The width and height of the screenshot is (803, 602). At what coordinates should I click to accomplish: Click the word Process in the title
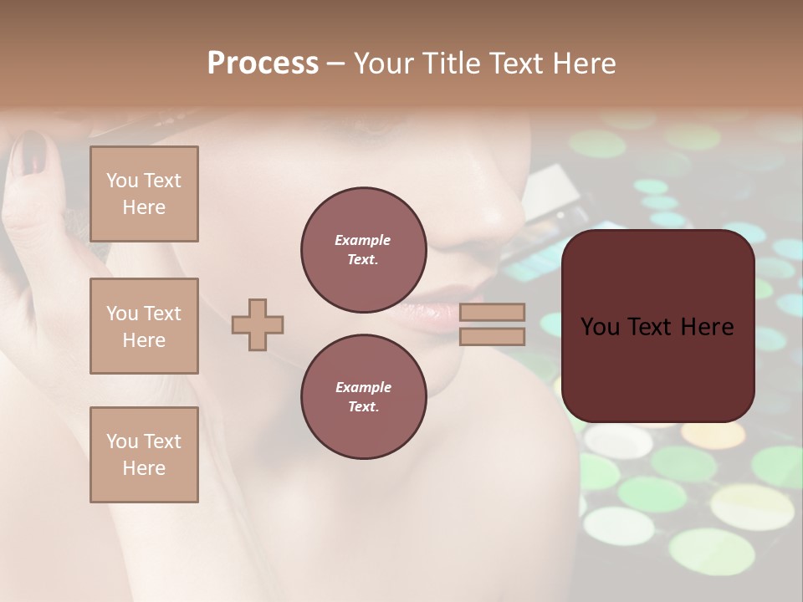(263, 64)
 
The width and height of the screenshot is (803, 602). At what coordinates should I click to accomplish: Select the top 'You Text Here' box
(144, 194)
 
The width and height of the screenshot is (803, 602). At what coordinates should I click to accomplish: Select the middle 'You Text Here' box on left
(144, 326)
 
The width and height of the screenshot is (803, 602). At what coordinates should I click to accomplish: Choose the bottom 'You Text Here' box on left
(144, 455)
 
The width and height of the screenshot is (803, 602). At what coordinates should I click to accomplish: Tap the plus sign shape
(258, 324)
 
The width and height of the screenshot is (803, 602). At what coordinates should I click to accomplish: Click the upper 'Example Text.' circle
(363, 249)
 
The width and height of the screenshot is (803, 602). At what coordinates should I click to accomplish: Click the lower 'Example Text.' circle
(363, 396)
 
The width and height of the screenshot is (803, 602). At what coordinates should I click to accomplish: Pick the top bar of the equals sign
(493, 312)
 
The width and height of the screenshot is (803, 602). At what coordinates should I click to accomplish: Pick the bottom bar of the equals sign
(493, 336)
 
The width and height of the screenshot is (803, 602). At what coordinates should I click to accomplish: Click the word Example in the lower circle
(363, 387)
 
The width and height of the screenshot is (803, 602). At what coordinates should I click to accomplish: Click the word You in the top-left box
(121, 181)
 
